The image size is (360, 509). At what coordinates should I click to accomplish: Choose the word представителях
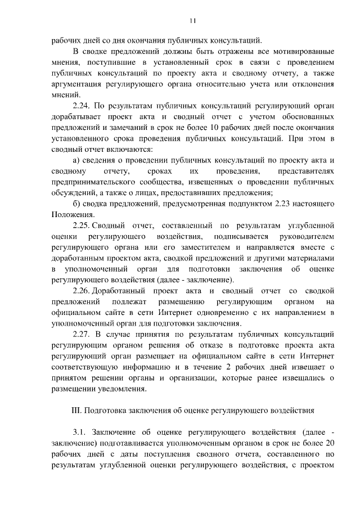[x=307, y=170]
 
